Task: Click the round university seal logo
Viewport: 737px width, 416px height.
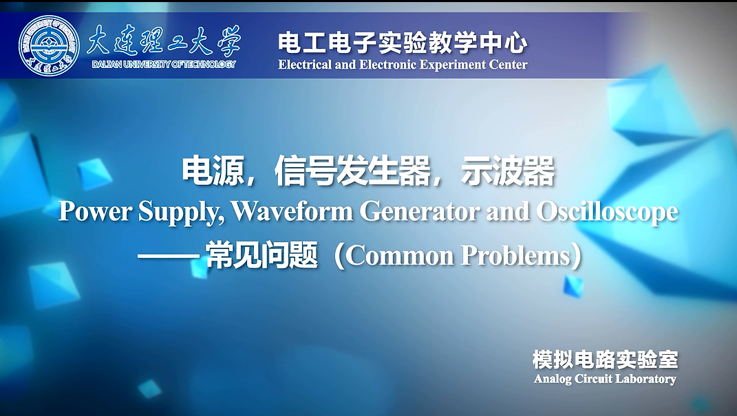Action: point(50,45)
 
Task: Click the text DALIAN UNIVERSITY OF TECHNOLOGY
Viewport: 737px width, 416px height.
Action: point(164,65)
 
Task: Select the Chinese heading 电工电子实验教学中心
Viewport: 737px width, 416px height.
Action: point(403,43)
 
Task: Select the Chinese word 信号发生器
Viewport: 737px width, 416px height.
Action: point(352,171)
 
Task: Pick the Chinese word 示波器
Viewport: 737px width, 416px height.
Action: point(508,171)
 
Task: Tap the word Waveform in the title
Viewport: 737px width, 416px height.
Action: point(292,212)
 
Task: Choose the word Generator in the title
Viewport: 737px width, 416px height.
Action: point(420,212)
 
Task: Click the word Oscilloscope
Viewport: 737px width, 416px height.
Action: point(607,212)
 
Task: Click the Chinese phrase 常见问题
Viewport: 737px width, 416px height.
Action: point(261,256)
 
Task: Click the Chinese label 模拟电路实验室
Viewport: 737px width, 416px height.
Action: point(606,360)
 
